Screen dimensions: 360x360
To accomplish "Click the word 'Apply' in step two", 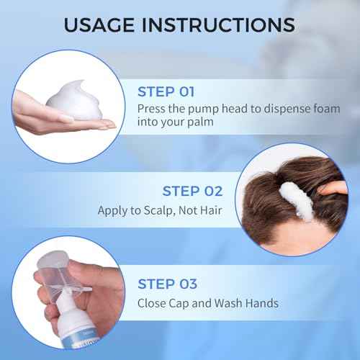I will [113, 212].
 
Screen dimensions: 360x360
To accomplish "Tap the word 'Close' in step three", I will [152, 303].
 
